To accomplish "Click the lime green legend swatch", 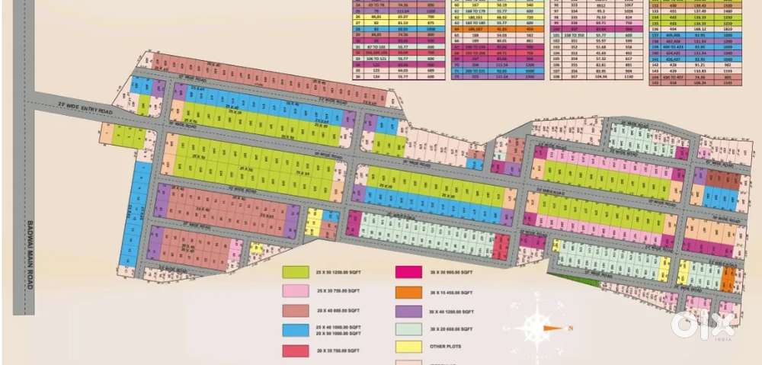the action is tap(295, 272).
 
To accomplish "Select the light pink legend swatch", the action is tap(295, 291).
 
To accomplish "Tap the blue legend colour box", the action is tap(295, 331).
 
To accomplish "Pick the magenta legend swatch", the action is tap(406, 272).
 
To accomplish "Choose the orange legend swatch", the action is tap(406, 291).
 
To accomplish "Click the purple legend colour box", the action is tap(406, 311).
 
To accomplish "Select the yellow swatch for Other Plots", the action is tap(406, 347).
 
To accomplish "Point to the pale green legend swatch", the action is tap(406, 331).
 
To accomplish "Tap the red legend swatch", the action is tap(295, 351).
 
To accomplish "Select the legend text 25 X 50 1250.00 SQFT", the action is tap(336, 272).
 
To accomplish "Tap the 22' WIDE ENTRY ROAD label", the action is tap(84, 110).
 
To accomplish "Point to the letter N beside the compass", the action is tap(569, 328).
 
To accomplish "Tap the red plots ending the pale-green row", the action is tap(501, 246).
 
